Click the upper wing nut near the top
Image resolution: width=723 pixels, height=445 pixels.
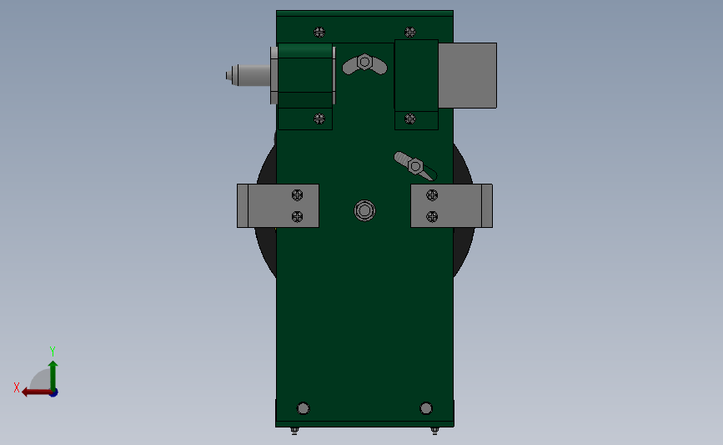(x=364, y=63)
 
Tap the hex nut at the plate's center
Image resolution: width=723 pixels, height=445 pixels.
(x=364, y=210)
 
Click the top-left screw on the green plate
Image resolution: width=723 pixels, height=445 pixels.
(x=319, y=33)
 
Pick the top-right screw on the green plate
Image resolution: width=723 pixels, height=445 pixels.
(x=409, y=33)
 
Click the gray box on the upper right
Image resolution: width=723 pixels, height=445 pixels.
(x=467, y=75)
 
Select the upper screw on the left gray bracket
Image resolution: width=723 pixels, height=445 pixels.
(x=297, y=195)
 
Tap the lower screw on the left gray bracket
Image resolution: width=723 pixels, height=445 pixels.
(x=297, y=216)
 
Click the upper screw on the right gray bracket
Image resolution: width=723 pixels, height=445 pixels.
(x=432, y=195)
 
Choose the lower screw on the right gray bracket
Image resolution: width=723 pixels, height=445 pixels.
(x=432, y=216)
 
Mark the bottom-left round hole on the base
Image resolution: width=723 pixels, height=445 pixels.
(x=303, y=408)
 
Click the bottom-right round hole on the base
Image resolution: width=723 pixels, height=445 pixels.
(x=426, y=408)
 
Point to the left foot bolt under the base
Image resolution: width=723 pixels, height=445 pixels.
(x=294, y=430)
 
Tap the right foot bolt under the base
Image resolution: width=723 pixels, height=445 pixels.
(x=434, y=430)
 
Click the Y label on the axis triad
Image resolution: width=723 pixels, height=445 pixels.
(x=52, y=351)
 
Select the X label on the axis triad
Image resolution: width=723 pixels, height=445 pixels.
(x=17, y=387)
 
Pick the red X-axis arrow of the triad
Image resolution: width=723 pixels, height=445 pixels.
(x=33, y=392)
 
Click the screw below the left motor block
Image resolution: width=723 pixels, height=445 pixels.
(x=319, y=118)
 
